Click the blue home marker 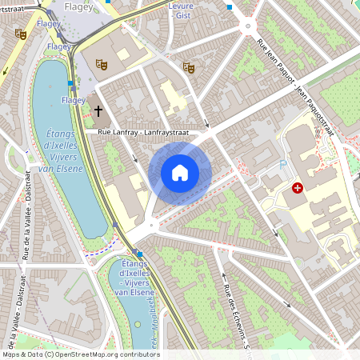180,173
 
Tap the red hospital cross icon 298,188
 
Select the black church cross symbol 99,110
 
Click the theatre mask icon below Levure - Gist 189,68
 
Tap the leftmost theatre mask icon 20,34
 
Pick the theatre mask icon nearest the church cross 101,63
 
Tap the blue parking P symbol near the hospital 282,164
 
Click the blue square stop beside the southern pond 139,254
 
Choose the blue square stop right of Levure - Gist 229,6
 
